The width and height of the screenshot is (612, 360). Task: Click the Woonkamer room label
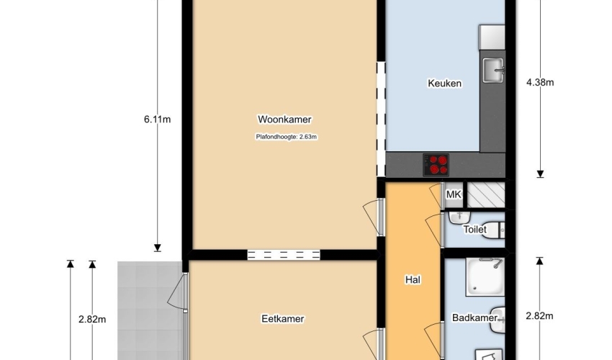284,120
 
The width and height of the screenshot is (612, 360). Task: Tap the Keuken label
444,84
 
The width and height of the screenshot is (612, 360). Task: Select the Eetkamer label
282,319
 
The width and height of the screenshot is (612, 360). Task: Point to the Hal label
413,279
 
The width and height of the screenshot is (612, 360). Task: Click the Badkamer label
474,318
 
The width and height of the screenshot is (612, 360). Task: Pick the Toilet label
475,229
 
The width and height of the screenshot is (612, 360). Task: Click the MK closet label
453,194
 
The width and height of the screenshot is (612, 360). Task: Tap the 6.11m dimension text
157,120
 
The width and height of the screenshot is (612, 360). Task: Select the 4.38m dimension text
540,82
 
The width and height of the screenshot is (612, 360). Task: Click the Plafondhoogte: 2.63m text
287,137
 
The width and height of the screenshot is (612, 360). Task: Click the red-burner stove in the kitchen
436,165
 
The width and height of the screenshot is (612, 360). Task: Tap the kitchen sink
494,71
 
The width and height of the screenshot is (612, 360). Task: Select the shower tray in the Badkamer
485,276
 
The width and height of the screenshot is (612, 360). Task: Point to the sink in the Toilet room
459,217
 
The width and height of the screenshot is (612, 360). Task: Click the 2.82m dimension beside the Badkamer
539,316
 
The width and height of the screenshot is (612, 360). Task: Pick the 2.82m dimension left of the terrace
92,319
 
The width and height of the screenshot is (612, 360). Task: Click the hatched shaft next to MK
486,194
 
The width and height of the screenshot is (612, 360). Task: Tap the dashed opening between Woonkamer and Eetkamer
284,255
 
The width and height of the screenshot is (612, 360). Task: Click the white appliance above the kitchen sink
492,37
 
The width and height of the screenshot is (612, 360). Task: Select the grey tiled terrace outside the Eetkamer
150,311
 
